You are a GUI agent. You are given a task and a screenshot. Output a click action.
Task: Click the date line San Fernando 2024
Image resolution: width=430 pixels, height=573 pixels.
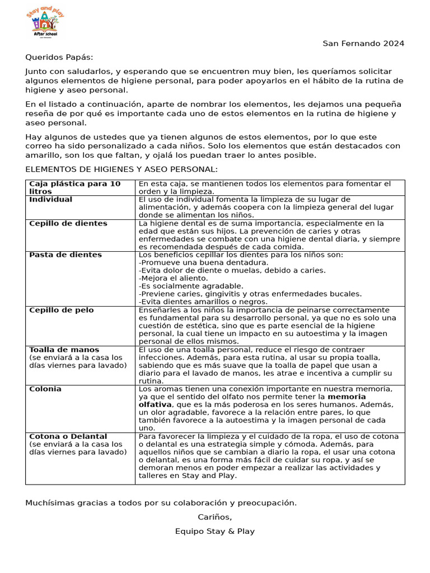tap(363, 44)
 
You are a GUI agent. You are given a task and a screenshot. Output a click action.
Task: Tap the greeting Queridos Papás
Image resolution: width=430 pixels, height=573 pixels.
tap(59, 57)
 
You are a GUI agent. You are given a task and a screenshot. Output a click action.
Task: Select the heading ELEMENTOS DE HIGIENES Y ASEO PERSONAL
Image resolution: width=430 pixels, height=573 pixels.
tap(121, 170)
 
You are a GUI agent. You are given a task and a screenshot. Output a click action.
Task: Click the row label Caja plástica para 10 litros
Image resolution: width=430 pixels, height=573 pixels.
tap(74, 187)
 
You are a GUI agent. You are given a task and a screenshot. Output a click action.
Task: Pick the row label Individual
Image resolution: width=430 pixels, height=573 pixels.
tap(50, 199)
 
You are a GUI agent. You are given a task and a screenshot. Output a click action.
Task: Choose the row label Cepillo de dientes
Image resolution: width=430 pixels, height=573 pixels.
tap(68, 223)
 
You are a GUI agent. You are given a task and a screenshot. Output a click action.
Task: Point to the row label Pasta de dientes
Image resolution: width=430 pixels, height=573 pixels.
tap(66, 255)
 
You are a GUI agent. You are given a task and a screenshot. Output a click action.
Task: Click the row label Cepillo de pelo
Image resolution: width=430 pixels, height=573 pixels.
tap(62, 310)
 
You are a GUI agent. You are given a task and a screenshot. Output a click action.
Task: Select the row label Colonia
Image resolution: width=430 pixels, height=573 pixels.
tap(45, 389)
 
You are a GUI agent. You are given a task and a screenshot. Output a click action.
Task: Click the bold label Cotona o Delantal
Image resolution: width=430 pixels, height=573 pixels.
tap(68, 436)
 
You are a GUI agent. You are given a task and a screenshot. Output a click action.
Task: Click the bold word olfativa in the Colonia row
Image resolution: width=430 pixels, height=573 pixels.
tap(155, 405)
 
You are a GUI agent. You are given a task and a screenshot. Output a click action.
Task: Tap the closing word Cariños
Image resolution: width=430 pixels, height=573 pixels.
tap(214, 517)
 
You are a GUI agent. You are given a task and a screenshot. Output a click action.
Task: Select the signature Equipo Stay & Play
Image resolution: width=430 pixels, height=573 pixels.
tap(214, 531)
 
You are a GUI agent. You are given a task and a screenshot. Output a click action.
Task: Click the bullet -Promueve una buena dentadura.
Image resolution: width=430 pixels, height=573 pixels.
tap(203, 262)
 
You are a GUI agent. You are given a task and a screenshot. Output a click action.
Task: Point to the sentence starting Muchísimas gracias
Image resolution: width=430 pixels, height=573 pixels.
tap(161, 503)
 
